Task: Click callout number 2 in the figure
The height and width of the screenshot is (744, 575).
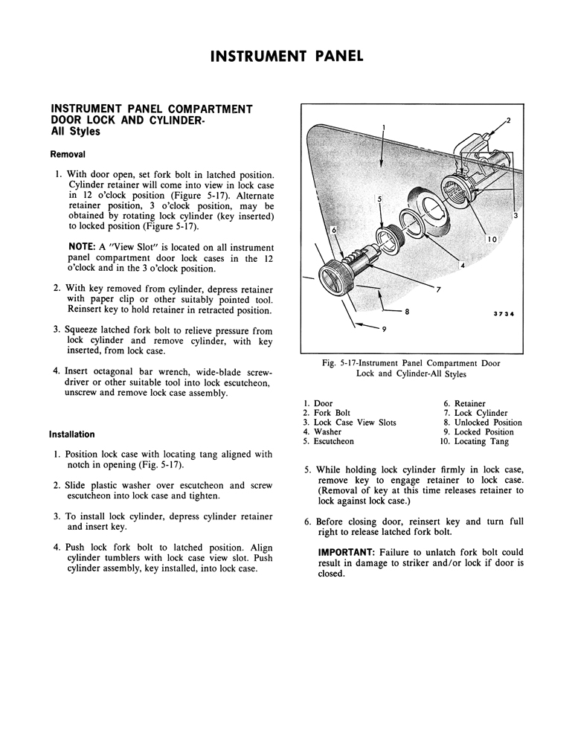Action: tap(508, 120)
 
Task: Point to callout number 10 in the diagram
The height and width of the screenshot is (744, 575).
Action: tap(492, 239)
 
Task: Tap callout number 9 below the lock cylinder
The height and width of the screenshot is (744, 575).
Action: tap(385, 328)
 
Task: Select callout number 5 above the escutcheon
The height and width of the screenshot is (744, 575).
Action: tap(379, 200)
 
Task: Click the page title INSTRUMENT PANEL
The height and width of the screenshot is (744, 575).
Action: tap(287, 56)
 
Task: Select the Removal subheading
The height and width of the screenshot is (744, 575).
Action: tap(68, 155)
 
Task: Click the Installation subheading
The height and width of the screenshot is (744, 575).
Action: tap(72, 434)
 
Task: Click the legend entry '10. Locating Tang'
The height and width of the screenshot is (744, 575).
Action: tap(475, 441)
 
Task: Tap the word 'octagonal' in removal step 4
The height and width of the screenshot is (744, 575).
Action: tap(116, 371)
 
